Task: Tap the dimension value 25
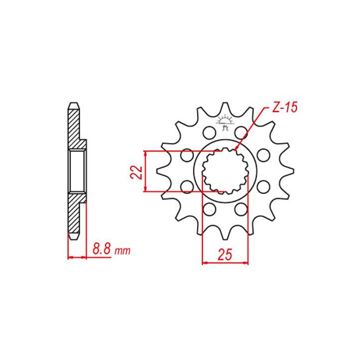225,255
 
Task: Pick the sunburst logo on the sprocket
224,122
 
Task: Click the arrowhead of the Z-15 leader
234,150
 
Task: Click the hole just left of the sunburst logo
207,133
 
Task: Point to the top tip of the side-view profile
73,104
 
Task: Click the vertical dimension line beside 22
145,171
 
